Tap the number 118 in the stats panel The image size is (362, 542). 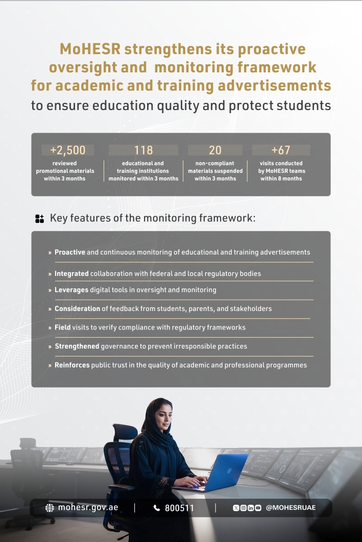pyautogui.click(x=143, y=150)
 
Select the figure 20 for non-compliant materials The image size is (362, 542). pyautogui.click(x=215, y=150)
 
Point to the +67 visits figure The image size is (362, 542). pyautogui.click(x=281, y=150)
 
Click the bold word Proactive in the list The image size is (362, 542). pyautogui.click(x=70, y=252)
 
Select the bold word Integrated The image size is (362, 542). pyautogui.click(x=71, y=274)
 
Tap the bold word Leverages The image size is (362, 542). pyautogui.click(x=71, y=290)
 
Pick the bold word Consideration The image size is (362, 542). pyautogui.click(x=78, y=309)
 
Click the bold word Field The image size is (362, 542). pyautogui.click(x=63, y=327)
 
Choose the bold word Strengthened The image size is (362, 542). pyautogui.click(x=77, y=346)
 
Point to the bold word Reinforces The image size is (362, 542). pyautogui.click(x=72, y=365)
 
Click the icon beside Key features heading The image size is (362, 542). pyautogui.click(x=40, y=219)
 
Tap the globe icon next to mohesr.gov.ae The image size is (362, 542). pyautogui.click(x=50, y=508)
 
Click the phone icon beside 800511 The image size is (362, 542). pyautogui.click(x=157, y=508)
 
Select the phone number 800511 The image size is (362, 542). pyautogui.click(x=179, y=508)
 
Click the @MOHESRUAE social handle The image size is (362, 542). pyautogui.click(x=291, y=508)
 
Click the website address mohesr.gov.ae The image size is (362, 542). pyautogui.click(x=88, y=508)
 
